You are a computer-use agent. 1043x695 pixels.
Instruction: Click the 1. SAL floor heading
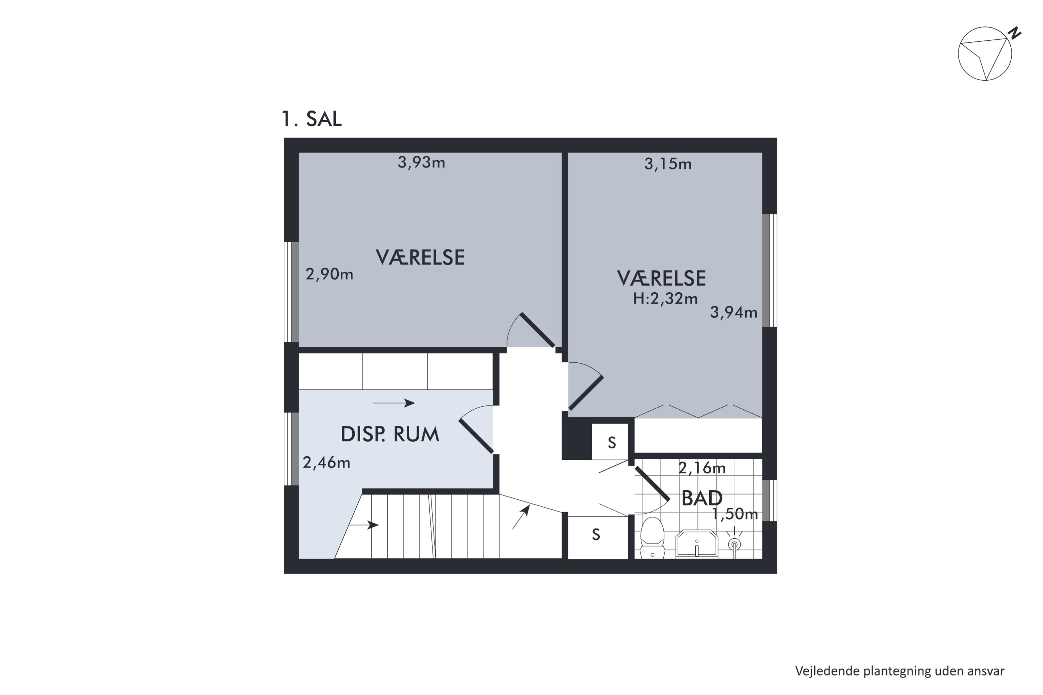pyautogui.click(x=312, y=119)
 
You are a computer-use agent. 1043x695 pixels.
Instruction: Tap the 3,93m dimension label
pyautogui.click(x=421, y=163)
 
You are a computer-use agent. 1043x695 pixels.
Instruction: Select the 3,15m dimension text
pyautogui.click(x=668, y=164)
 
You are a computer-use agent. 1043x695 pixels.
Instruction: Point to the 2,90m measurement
pyautogui.click(x=330, y=275)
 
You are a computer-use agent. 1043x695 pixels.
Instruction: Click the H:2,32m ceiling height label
pyautogui.click(x=665, y=299)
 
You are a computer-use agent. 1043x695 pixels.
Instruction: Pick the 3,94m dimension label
pyautogui.click(x=734, y=312)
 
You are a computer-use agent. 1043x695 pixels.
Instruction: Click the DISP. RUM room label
pyautogui.click(x=390, y=435)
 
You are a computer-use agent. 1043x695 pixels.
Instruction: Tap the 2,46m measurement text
pyautogui.click(x=326, y=463)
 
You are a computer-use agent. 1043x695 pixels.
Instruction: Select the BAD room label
pyautogui.click(x=702, y=499)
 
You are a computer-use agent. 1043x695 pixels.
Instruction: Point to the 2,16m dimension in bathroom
pyautogui.click(x=702, y=468)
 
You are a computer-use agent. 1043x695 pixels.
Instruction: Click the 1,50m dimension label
pyautogui.click(x=735, y=514)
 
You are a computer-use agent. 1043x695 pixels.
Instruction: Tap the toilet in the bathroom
pyautogui.click(x=652, y=538)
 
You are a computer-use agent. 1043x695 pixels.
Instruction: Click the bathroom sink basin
pyautogui.click(x=696, y=544)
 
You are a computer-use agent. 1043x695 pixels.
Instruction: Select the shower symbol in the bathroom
pyautogui.click(x=734, y=544)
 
